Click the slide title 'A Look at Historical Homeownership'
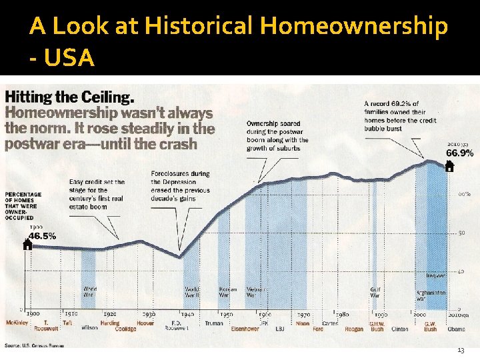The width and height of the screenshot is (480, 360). click(239, 27)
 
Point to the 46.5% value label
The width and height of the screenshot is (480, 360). click(41, 235)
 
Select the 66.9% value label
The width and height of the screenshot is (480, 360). click(459, 153)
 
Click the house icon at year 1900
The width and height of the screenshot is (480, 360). click(27, 244)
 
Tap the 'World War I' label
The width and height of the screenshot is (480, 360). click(90, 292)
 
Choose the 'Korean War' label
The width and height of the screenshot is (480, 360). click(228, 292)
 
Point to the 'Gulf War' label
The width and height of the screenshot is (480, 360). click(375, 292)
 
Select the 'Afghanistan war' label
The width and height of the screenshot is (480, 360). click(429, 295)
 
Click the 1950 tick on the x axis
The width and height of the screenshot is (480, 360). click(227, 314)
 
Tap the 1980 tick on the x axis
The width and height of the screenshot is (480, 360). click(343, 314)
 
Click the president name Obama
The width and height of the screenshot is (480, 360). click(457, 329)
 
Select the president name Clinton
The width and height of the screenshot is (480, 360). click(399, 329)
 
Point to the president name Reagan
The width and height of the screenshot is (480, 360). click(354, 329)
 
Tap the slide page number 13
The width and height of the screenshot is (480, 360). click(461, 351)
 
